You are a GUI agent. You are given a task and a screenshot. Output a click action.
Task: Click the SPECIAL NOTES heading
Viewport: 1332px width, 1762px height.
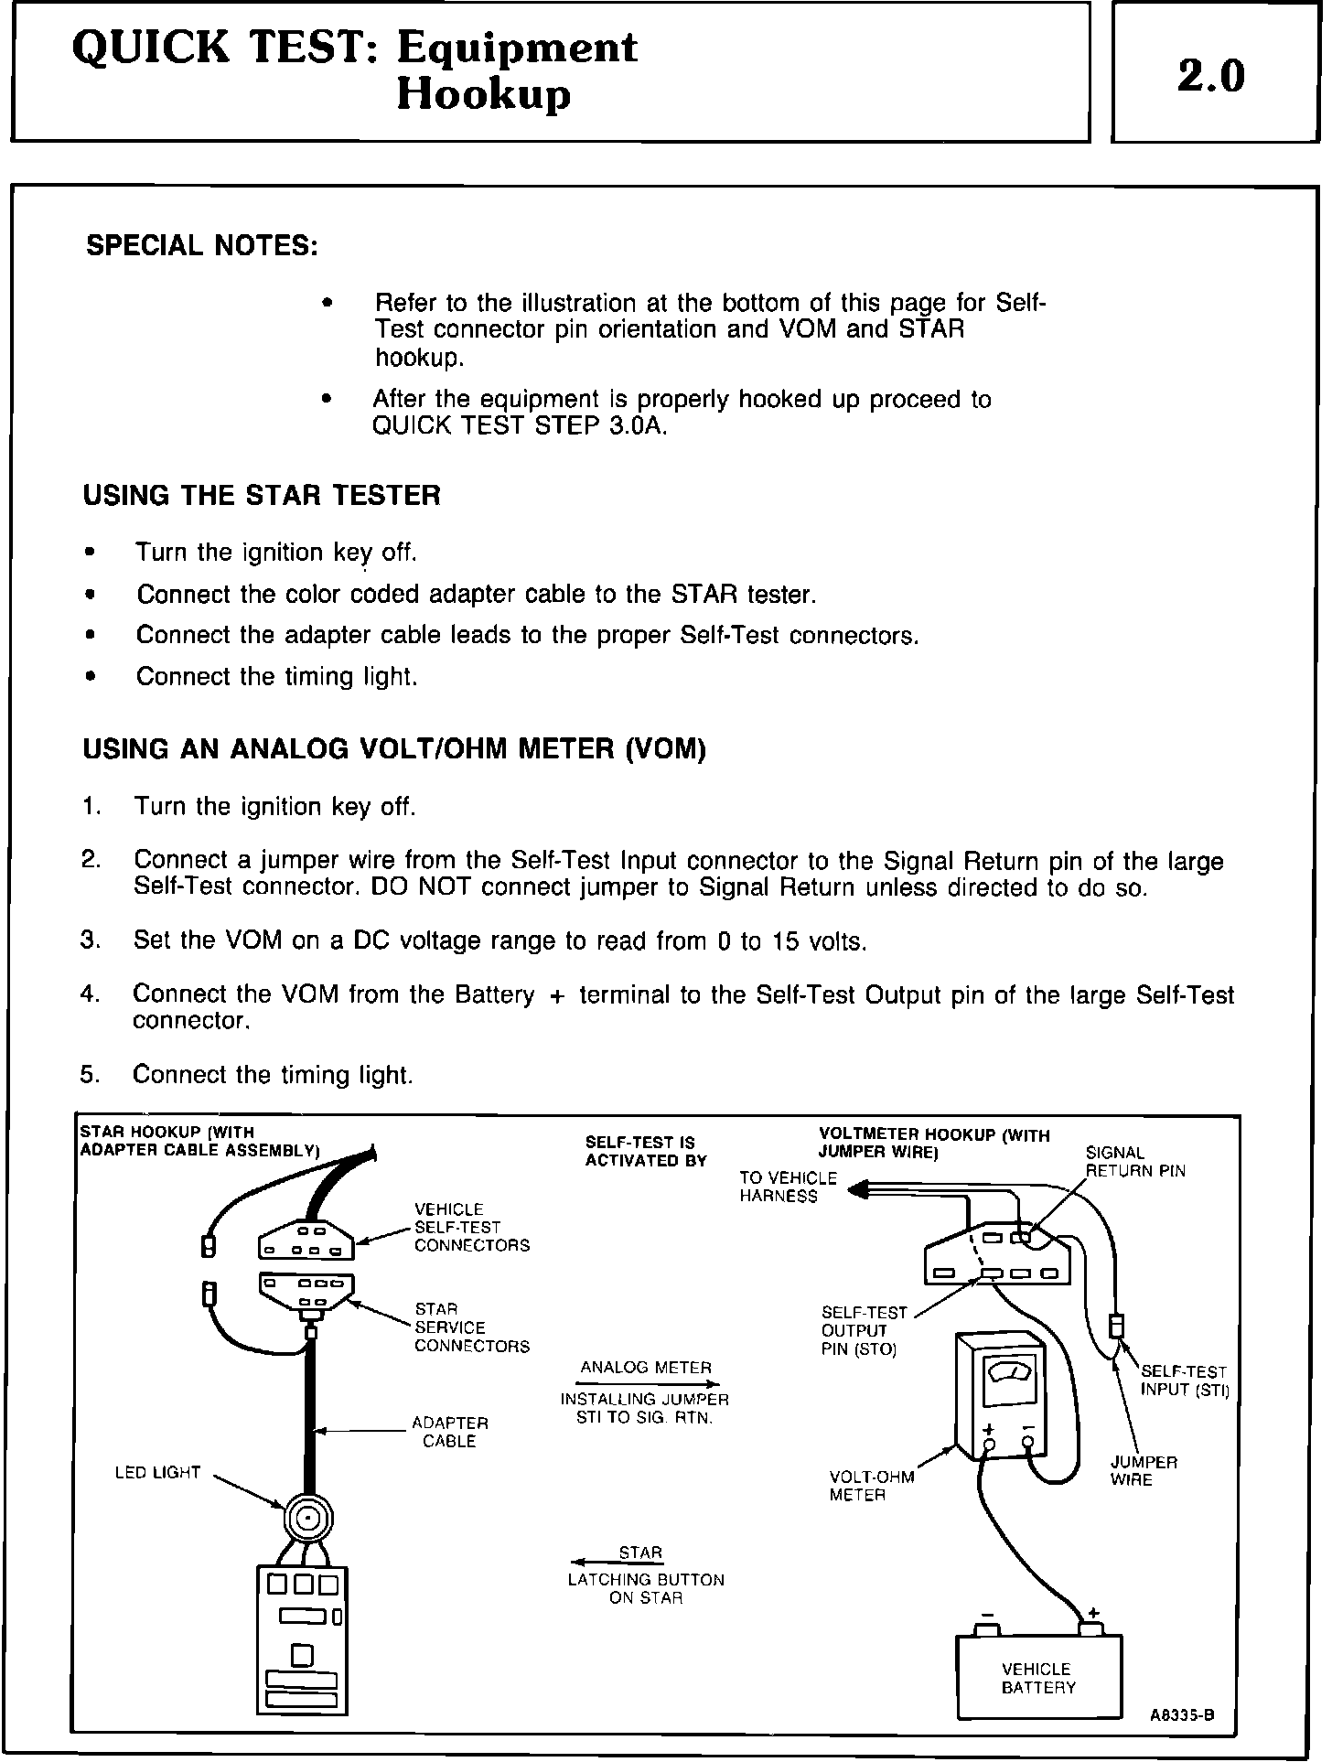202,246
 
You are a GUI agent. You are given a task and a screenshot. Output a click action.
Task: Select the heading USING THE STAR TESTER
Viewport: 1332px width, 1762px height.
262,496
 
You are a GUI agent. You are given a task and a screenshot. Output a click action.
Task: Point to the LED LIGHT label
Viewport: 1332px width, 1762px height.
157,1473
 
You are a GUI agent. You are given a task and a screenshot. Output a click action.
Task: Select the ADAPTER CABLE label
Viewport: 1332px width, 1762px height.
449,1432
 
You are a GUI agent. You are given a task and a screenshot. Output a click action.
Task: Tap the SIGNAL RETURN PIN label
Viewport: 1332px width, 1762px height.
1134,1162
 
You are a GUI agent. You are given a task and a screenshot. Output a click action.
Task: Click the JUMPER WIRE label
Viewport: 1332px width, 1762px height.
1144,1471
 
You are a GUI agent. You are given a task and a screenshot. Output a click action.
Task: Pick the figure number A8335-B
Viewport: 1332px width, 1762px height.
1182,1715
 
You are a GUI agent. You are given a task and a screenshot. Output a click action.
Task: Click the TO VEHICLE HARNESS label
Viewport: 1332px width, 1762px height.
788,1187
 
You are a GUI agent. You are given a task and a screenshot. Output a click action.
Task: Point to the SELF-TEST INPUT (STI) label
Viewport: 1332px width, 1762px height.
1184,1381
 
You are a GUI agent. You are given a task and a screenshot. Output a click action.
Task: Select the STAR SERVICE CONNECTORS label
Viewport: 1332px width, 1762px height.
471,1327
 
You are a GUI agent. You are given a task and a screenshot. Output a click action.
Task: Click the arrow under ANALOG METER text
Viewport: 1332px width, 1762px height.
649,1383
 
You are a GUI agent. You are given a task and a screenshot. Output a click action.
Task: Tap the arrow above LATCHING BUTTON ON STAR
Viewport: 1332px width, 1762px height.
615,1563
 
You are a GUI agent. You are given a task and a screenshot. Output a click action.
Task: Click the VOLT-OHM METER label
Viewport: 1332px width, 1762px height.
871,1486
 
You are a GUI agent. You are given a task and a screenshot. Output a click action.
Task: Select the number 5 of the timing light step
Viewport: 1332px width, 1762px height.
89,1074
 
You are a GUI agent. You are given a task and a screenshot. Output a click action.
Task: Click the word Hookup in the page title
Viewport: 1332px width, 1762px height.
483,94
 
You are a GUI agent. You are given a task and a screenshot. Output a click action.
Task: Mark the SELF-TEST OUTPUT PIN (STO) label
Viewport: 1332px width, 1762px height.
858,1331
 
